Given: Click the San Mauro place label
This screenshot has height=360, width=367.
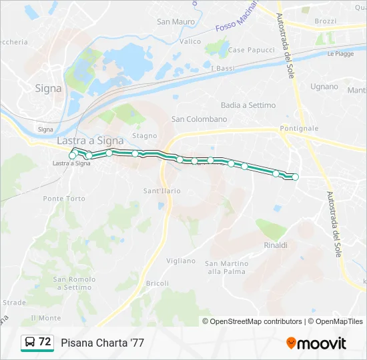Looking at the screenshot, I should [x=175, y=21].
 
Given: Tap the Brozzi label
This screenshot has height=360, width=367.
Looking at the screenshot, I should [x=326, y=21].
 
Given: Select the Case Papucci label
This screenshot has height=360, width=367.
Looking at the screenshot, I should [x=251, y=50].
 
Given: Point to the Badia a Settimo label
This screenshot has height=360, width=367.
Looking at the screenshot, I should [x=248, y=105].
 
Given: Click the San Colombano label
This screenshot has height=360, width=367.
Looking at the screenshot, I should [x=200, y=119].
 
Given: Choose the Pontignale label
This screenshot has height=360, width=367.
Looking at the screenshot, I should [x=299, y=127].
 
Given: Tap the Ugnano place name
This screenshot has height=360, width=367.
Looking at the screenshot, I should [x=324, y=87].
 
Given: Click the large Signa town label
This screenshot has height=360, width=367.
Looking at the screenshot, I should [x=48, y=88].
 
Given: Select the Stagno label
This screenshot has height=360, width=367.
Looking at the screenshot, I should [x=144, y=135].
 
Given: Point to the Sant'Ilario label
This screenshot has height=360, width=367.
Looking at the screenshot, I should [x=162, y=191].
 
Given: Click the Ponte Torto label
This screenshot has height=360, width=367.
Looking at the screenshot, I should [x=64, y=199].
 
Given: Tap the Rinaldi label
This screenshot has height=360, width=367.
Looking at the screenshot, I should [x=276, y=245].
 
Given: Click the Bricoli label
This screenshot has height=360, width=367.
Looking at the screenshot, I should [x=157, y=283].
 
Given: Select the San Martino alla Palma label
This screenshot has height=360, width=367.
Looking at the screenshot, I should [x=226, y=267].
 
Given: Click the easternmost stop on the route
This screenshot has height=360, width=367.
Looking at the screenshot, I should [x=295, y=177].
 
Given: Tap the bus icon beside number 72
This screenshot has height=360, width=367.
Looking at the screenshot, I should [x=30, y=343].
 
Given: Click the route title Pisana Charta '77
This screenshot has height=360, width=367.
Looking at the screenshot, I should [x=102, y=343].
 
